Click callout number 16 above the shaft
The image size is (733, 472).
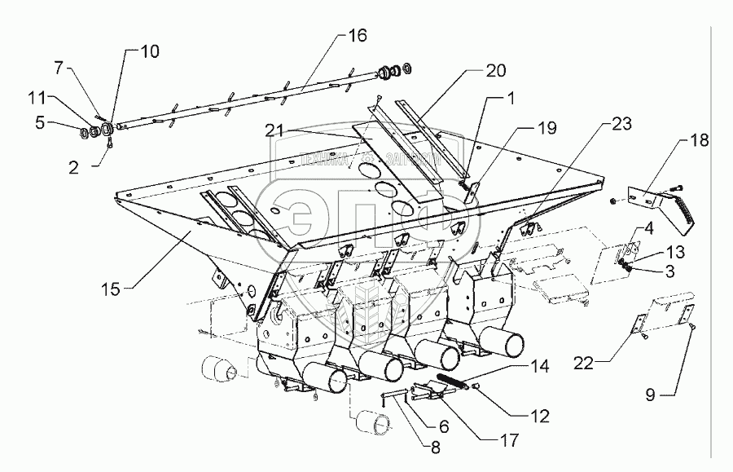[358, 35]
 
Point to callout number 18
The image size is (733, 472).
[699, 140]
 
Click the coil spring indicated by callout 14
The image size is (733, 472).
[453, 382]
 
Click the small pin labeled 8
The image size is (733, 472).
[390, 397]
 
